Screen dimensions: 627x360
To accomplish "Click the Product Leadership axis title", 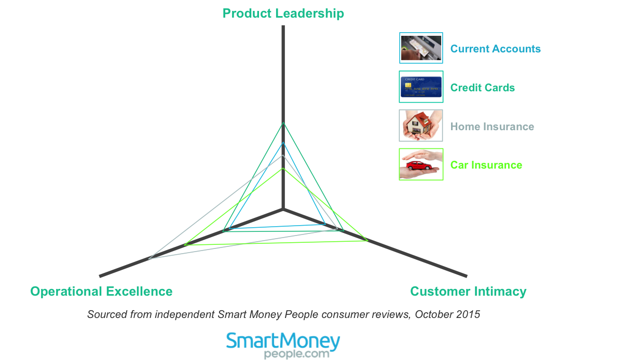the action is [283, 13].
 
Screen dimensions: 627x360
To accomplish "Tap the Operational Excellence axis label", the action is [101, 292].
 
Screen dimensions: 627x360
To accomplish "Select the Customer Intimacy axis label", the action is [468, 292].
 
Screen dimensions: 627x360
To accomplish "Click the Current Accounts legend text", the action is [496, 49].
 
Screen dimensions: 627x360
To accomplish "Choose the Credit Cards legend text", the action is [483, 88].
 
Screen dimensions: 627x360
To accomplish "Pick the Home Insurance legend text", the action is [492, 127].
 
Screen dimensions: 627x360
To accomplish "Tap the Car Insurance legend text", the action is [486, 165].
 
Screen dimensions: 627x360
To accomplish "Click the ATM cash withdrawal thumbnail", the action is [421, 48].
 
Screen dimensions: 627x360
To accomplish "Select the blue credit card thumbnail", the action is [421, 87].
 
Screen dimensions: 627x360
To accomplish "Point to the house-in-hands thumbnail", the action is [421, 126].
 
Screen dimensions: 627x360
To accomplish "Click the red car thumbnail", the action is [421, 164].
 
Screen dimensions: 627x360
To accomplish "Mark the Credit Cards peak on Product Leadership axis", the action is [283, 122].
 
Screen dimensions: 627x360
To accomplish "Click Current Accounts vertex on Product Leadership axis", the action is [283, 143].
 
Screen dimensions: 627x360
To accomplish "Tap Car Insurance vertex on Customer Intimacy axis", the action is [367, 240].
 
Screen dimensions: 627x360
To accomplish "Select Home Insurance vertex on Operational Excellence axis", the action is [149, 258].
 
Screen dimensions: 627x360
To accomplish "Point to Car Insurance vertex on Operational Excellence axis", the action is [185, 245].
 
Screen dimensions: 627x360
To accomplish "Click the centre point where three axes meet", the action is [283, 209].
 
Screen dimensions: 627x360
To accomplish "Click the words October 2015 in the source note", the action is [447, 314].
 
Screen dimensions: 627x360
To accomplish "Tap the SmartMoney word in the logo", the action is [283, 341].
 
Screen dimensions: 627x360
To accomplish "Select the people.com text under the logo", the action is [297, 354].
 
